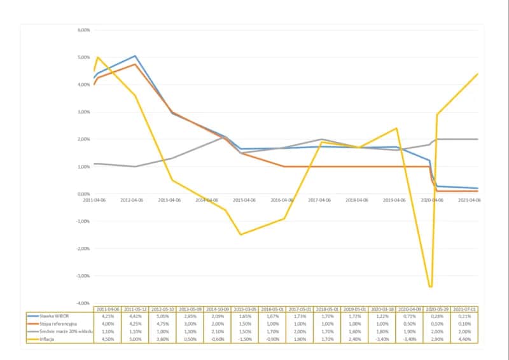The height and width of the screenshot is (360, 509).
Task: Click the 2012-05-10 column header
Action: (x=163, y=309)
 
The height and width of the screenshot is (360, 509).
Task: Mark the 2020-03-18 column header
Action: (x=381, y=309)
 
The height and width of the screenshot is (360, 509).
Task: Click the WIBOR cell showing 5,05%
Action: (x=163, y=316)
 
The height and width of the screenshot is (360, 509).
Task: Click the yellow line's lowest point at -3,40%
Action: (x=431, y=287)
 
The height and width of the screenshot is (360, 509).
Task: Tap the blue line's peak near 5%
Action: (x=135, y=56)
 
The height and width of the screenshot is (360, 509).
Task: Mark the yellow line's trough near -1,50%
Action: (x=241, y=235)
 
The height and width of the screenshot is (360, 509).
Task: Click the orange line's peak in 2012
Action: (x=135, y=64)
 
